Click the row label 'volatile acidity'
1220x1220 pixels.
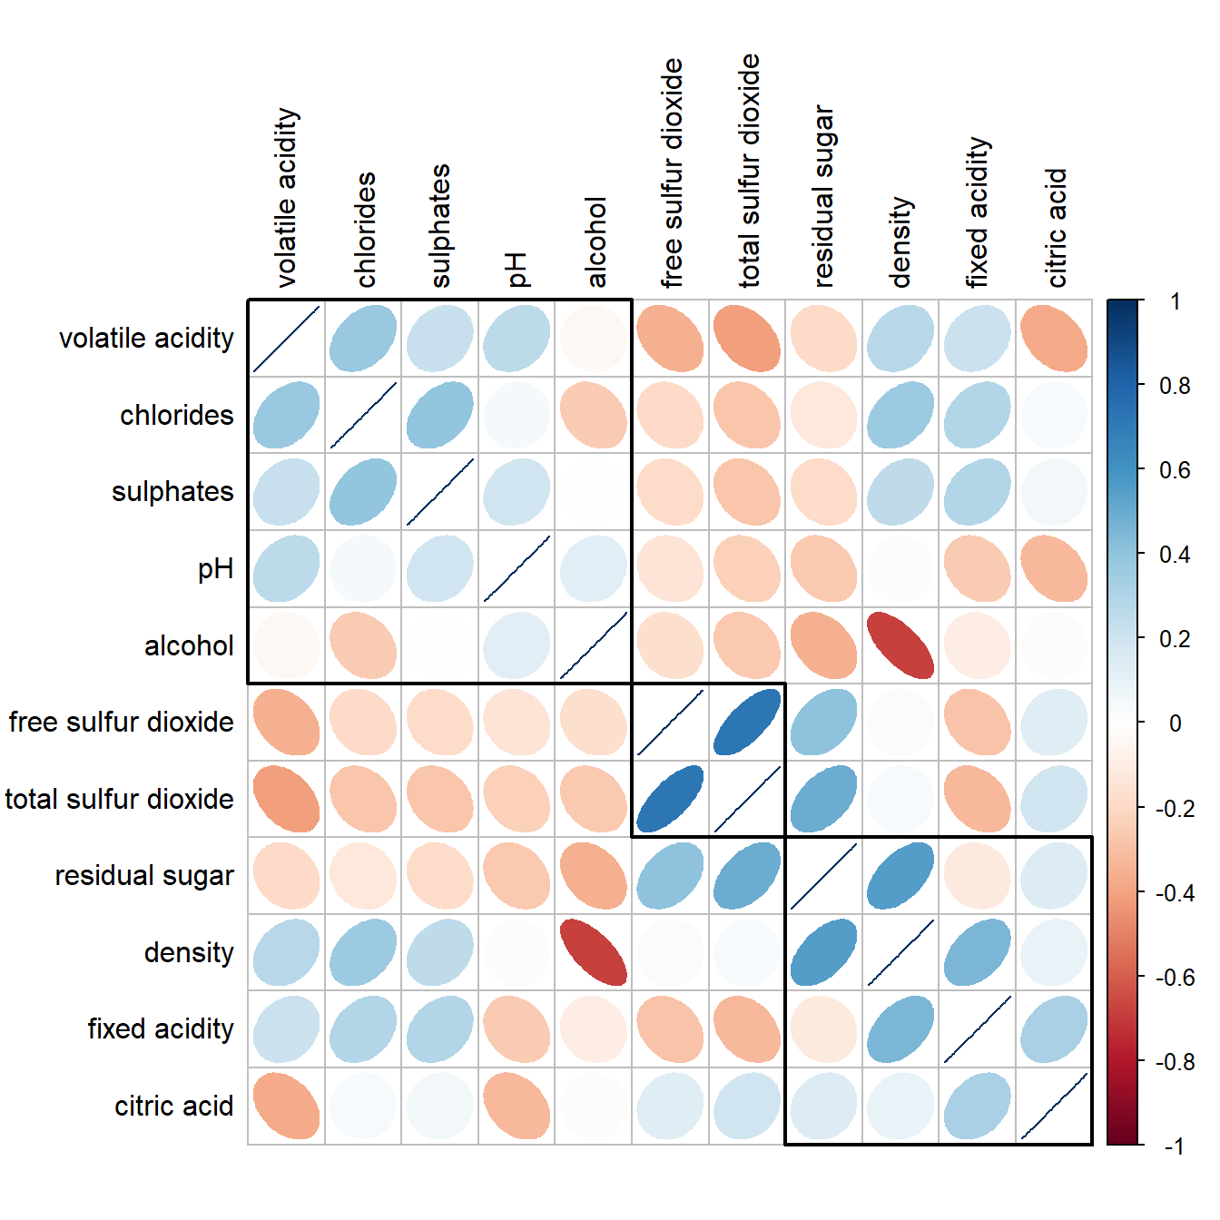click(x=146, y=339)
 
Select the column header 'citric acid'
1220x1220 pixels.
click(x=1057, y=228)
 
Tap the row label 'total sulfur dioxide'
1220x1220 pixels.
click(x=120, y=800)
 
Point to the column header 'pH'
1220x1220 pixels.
click(x=517, y=270)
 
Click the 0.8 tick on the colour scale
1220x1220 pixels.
click(x=1175, y=386)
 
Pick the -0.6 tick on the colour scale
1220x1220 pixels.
click(x=1175, y=978)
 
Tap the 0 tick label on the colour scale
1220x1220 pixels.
click(x=1175, y=723)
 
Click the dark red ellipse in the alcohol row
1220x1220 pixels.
click(x=900, y=645)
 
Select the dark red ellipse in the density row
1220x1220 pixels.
click(x=594, y=952)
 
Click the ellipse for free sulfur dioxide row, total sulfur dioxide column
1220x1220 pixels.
click(x=747, y=723)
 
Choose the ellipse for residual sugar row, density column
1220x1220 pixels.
click(x=900, y=876)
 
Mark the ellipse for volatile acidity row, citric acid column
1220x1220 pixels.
click(x=1054, y=339)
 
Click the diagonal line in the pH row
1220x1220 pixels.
click(x=517, y=569)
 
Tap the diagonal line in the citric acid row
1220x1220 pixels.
click(x=1054, y=1106)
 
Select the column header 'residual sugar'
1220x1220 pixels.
click(x=823, y=196)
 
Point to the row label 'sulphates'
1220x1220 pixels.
click(x=172, y=492)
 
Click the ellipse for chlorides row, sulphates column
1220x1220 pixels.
click(x=440, y=415)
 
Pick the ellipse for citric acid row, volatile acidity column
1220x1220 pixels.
click(x=286, y=1106)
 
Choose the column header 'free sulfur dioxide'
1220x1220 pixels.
click(x=672, y=173)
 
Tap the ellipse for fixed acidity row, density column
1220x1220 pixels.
click(x=900, y=1029)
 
